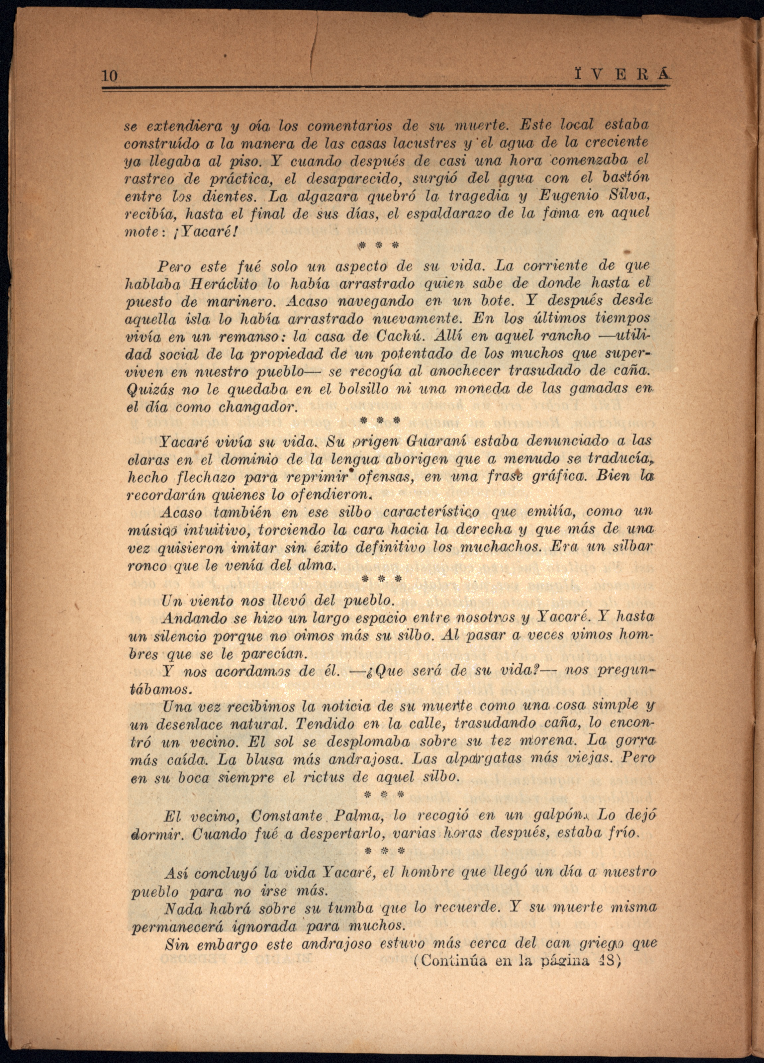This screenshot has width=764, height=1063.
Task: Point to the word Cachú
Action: coord(400,337)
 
